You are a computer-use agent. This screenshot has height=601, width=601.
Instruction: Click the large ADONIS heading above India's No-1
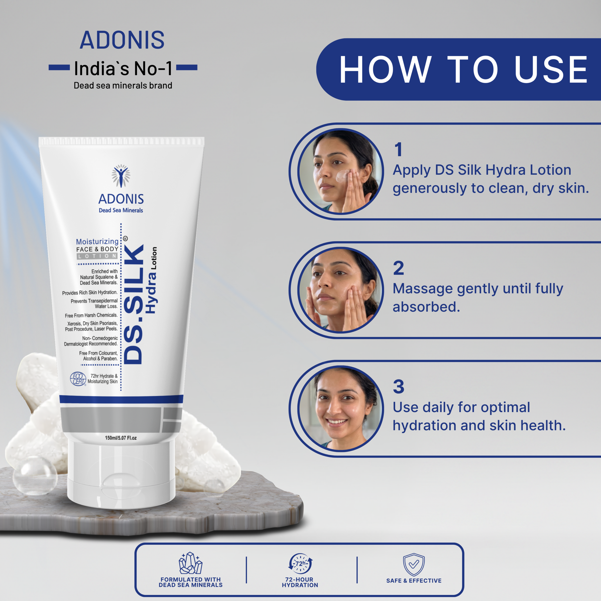122,40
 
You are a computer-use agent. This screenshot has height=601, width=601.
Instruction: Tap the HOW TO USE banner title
463,70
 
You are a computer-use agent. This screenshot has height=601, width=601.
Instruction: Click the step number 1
398,149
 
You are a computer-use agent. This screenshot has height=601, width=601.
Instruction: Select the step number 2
398,268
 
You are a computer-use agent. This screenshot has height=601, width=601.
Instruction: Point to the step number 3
398,387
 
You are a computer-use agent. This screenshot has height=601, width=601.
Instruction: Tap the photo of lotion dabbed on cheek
341,171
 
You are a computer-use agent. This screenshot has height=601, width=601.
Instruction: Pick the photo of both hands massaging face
341,290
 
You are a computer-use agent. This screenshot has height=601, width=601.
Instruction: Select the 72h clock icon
300,563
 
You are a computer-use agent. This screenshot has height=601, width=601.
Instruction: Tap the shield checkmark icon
414,564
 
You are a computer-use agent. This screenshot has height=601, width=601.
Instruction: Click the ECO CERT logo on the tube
78,379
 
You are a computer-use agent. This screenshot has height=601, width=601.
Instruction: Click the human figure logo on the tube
121,176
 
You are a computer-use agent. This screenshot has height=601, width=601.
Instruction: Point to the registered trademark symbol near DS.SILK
125,239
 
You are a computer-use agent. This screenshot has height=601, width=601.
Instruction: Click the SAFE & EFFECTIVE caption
414,581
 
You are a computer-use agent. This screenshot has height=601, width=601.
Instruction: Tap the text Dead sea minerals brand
123,85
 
